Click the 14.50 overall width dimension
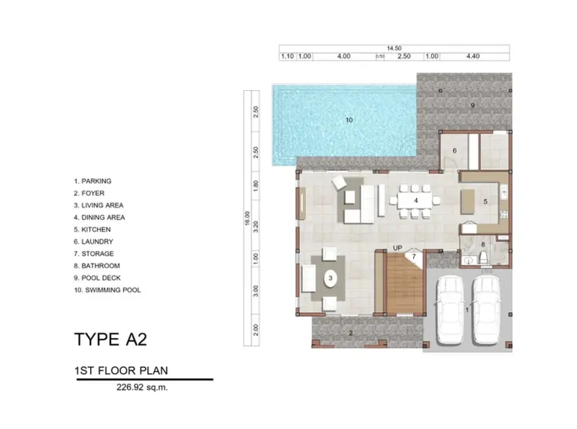pyautogui.click(x=394, y=48)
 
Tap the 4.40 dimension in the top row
pyautogui.click(x=473, y=56)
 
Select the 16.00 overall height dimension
pyautogui.click(x=247, y=218)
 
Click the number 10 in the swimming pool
pyautogui.click(x=349, y=120)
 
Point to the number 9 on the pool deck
pyautogui.click(x=473, y=105)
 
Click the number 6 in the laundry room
pyautogui.click(x=454, y=151)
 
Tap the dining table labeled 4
pyautogui.click(x=415, y=200)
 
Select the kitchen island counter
pyautogui.click(x=467, y=202)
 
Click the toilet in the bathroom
pyautogui.click(x=483, y=257)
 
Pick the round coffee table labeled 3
pyautogui.click(x=330, y=278)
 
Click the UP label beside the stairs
pyautogui.click(x=397, y=248)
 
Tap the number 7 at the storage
pyautogui.click(x=413, y=257)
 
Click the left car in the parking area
pyautogui.click(x=449, y=310)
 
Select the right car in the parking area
pyautogui.click(x=486, y=310)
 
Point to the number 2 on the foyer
pyautogui.click(x=351, y=333)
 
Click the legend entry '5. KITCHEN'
pyautogui.click(x=92, y=229)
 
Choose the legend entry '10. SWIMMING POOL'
pyautogui.click(x=107, y=290)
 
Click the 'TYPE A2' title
pyautogui.click(x=110, y=339)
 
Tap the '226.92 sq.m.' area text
pyautogui.click(x=142, y=387)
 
